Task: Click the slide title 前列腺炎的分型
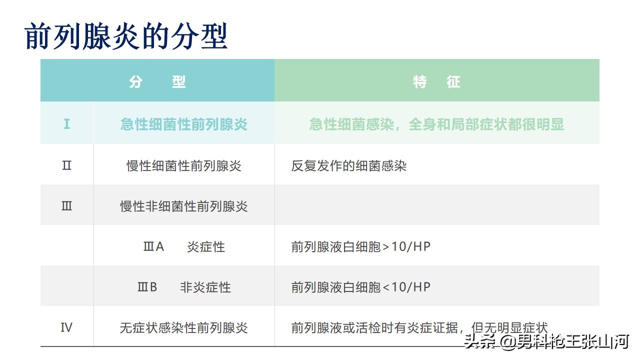[x=126, y=36]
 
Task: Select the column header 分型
[x=157, y=81]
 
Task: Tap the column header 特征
[x=436, y=81]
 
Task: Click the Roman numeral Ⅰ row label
[x=66, y=124]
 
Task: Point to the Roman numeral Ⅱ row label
[x=66, y=165]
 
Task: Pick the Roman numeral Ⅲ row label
[x=66, y=206]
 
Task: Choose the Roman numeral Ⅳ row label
[x=66, y=328]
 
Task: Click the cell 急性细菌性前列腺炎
[x=184, y=124]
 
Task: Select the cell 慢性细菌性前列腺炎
[x=184, y=165]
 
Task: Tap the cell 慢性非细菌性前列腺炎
[x=184, y=206]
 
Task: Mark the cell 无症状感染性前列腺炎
[x=184, y=328]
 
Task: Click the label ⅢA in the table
[x=153, y=247]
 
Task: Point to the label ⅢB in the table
[x=147, y=287]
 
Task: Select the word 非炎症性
[x=205, y=287]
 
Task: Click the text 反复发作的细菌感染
[x=349, y=165]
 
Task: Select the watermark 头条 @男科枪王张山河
[x=546, y=342]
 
